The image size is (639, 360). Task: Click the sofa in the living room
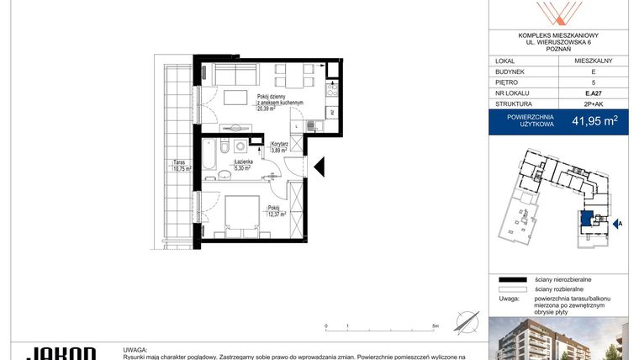230,76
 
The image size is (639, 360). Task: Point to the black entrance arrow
320,167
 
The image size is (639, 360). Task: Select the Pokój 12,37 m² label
276,211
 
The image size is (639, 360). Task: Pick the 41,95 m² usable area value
595,120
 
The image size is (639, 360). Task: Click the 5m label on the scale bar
434,326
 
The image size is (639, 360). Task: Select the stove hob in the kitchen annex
332,87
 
